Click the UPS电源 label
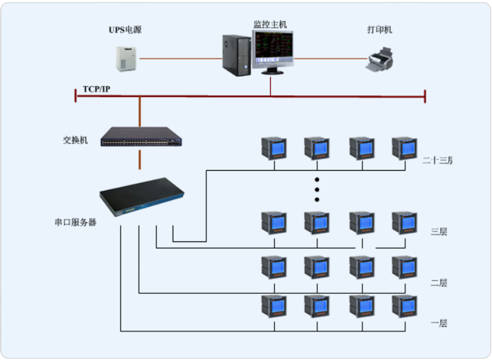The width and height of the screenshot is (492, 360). [x=125, y=30]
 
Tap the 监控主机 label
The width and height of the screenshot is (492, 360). [x=270, y=24]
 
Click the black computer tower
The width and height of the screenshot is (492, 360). [x=236, y=55]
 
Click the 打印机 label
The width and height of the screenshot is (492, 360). [x=379, y=30]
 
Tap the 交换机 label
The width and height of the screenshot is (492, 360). [x=75, y=140]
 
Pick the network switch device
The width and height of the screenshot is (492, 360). [x=141, y=137]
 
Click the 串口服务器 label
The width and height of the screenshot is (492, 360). [x=75, y=222]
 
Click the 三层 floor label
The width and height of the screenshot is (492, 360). [x=439, y=232]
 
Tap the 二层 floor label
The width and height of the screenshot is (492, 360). [x=439, y=283]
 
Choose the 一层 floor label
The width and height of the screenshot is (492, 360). [x=439, y=324]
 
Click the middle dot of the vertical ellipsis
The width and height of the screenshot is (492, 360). [x=317, y=190]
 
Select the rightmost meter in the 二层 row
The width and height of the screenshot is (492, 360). [x=404, y=267]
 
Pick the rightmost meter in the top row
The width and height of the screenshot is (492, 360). [x=404, y=148]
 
